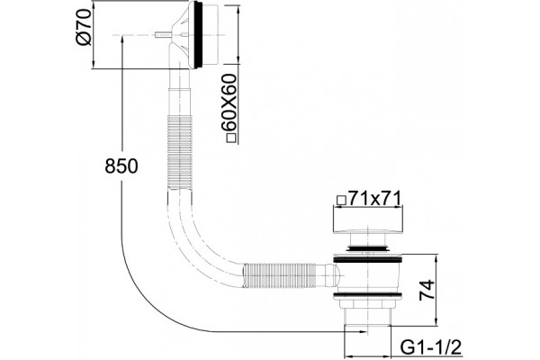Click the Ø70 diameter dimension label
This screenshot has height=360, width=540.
coord(84,27)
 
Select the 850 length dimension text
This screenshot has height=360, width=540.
coord(121,166)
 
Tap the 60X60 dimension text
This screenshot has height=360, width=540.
coord(230,103)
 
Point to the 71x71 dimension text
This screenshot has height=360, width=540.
coord(374,198)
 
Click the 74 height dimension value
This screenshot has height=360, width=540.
coord(427,290)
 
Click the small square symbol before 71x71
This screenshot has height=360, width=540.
coord(341,201)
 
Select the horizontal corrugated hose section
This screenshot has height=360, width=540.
coord(279,275)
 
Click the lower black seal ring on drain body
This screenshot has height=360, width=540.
coord(367,294)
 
